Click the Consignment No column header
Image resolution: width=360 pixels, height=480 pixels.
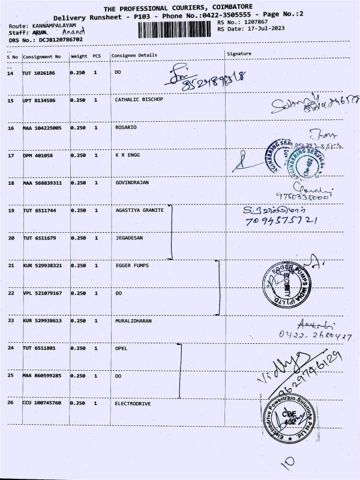click(41, 56)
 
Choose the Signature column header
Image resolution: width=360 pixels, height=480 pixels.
click(239, 54)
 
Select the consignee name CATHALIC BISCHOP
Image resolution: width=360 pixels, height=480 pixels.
click(139, 100)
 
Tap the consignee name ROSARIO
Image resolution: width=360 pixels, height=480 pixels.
click(125, 128)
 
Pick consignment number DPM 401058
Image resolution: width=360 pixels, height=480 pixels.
click(37, 155)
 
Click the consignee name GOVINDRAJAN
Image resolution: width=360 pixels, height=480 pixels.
click(131, 182)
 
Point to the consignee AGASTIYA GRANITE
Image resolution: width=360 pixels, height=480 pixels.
click(139, 211)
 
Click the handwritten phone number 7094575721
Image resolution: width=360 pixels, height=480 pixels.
click(281, 221)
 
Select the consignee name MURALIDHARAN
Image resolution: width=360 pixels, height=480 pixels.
click(133, 321)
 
